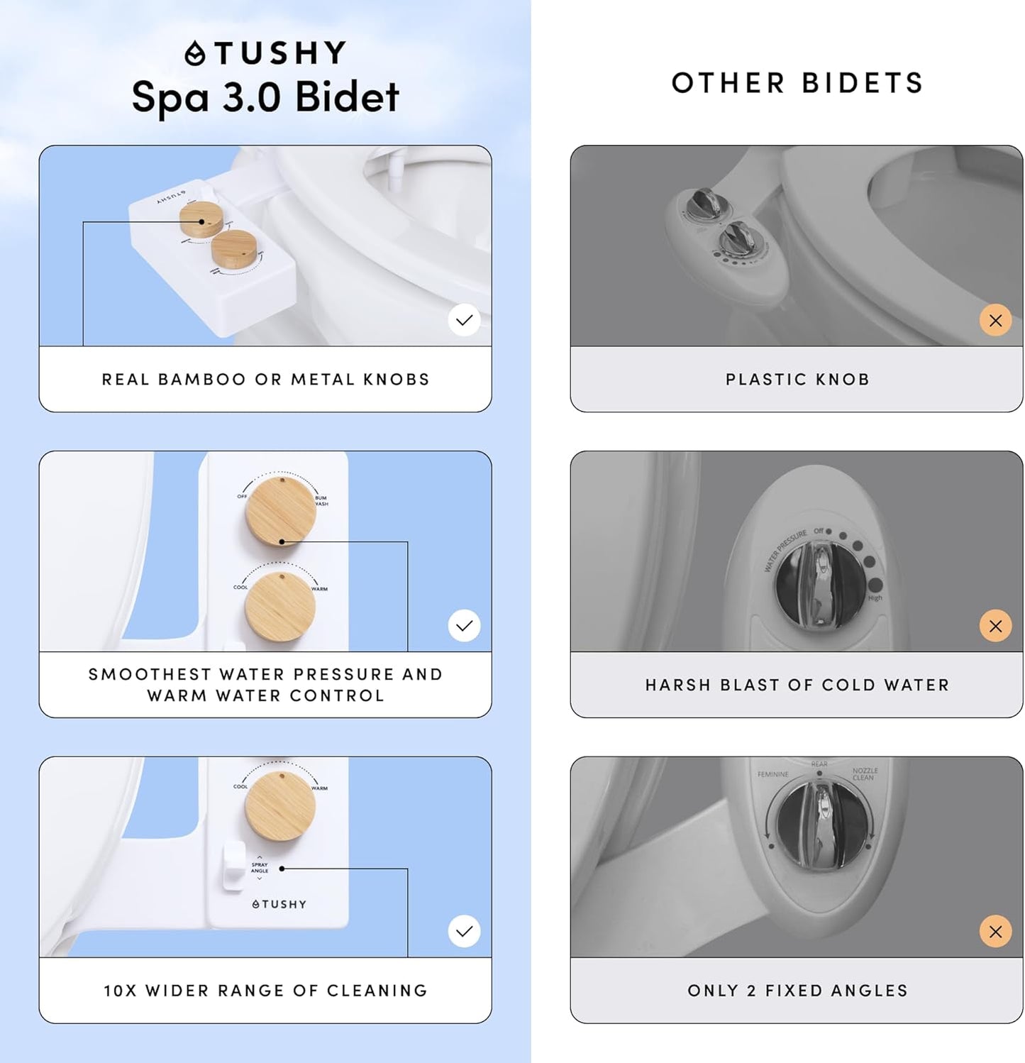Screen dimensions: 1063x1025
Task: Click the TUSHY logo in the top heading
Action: [x=265, y=53]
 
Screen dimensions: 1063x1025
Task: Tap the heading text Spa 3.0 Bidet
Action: [x=265, y=97]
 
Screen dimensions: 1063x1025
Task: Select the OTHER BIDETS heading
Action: [x=797, y=83]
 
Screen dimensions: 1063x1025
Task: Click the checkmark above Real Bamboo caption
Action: [x=464, y=320]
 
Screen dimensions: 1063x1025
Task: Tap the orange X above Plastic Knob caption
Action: [x=995, y=320]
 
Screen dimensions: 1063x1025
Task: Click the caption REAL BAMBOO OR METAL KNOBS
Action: [x=265, y=380]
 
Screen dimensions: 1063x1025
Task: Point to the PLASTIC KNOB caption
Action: [x=797, y=380]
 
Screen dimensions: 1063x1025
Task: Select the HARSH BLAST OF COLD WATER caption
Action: [x=797, y=685]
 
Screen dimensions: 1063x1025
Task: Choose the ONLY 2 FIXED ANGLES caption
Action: [x=797, y=991]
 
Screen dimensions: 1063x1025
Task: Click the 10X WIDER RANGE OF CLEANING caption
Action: [x=265, y=991]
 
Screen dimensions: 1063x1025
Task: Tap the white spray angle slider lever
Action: [x=233, y=866]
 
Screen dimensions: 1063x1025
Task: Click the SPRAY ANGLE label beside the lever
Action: [x=260, y=868]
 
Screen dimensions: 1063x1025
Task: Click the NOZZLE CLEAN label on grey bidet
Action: [x=865, y=773]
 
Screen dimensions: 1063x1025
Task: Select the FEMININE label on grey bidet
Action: [x=772, y=774]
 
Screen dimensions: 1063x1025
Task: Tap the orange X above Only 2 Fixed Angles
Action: [x=995, y=931]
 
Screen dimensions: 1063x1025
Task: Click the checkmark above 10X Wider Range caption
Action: [x=464, y=931]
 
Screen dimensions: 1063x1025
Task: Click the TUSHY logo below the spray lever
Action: [x=279, y=904]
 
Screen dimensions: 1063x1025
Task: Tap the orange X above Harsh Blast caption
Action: [x=995, y=626]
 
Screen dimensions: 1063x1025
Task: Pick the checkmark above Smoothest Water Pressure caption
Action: [x=464, y=626]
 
